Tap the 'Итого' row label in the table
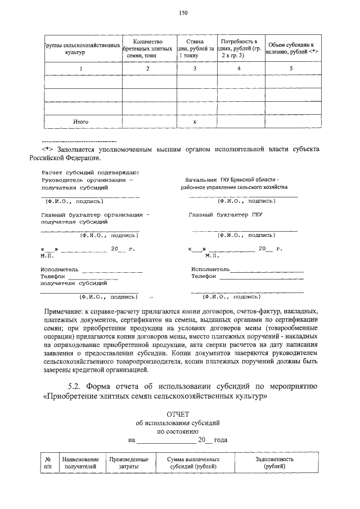pos(80,121)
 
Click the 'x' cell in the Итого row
pos(195,121)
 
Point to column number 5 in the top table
pos(291,69)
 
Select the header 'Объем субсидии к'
pos(291,44)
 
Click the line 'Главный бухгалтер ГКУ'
pos(226,214)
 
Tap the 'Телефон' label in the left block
pos(53,277)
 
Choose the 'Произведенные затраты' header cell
pos(129,463)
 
